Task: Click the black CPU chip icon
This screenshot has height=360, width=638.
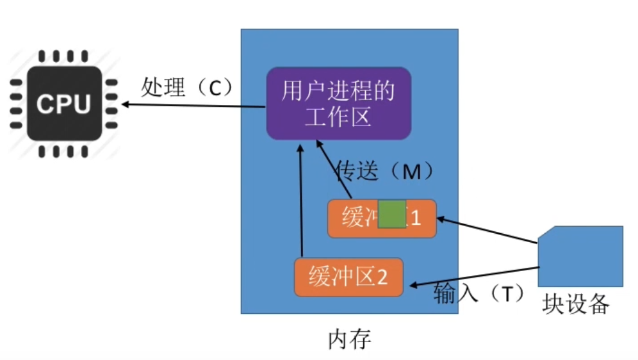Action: click(x=63, y=103)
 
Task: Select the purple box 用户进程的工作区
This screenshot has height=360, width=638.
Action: click(x=338, y=103)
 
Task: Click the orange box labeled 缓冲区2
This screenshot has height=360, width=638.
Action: click(x=348, y=277)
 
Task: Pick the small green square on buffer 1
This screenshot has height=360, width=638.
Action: click(x=391, y=214)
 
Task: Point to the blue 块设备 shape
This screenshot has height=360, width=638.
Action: click(x=580, y=256)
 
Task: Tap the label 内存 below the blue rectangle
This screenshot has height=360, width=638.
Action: click(x=349, y=339)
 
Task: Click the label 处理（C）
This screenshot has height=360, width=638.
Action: click(x=185, y=87)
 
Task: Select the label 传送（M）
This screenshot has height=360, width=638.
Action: click(x=385, y=171)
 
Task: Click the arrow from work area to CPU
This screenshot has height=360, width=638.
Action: click(x=192, y=105)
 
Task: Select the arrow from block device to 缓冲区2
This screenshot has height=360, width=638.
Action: click(x=474, y=276)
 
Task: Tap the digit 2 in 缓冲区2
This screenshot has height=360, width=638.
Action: click(x=382, y=278)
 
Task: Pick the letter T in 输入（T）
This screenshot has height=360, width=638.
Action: click(x=507, y=293)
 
